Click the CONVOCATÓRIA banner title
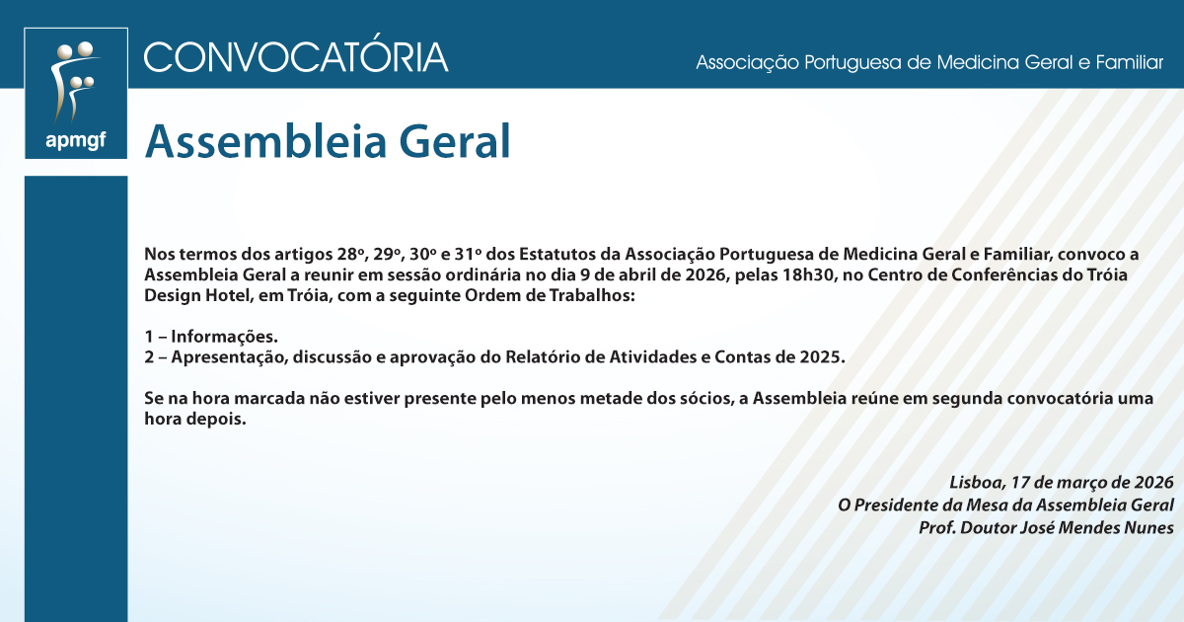tap(296, 56)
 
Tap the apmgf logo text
tap(75, 140)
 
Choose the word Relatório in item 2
tap(546, 357)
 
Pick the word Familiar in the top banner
tap(1128, 63)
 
